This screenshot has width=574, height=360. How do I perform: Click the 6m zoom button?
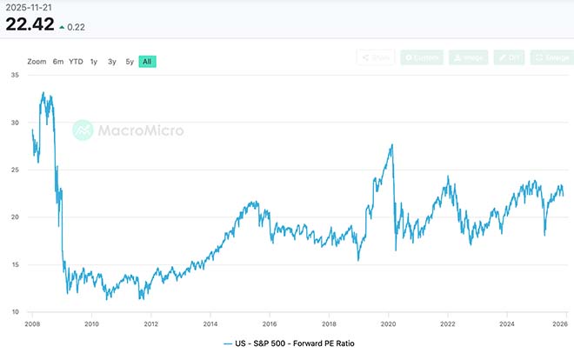(x=58, y=62)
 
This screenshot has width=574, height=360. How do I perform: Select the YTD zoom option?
(x=76, y=62)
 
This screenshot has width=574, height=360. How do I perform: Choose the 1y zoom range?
(x=94, y=62)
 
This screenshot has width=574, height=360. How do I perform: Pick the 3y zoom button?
(x=112, y=62)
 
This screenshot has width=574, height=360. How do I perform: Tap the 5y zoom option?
(x=130, y=62)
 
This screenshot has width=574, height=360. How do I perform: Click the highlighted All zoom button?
(x=148, y=62)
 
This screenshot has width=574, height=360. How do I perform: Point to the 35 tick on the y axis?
(x=15, y=76)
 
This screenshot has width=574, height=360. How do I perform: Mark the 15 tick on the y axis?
(x=15, y=264)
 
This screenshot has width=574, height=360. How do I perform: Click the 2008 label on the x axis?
(x=33, y=323)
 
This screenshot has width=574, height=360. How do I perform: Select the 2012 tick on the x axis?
(x=150, y=323)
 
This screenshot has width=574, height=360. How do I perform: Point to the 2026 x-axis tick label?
(x=561, y=323)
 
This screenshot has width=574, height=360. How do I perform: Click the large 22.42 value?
(x=30, y=24)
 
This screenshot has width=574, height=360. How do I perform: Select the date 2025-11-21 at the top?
(x=28, y=7)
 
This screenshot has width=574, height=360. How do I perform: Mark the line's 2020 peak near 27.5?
(x=392, y=145)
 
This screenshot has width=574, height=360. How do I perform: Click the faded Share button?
(x=376, y=57)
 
